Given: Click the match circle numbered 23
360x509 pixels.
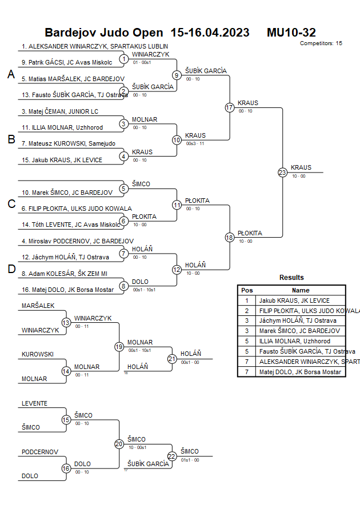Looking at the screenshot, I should [x=282, y=172].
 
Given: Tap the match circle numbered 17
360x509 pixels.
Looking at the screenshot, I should [x=230, y=107].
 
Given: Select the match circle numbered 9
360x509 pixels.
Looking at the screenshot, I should [x=177, y=75].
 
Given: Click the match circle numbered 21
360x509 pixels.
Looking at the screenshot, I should [x=172, y=359].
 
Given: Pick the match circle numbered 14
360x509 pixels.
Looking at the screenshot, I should [x=66, y=371].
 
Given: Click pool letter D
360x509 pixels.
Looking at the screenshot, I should [x=11, y=269].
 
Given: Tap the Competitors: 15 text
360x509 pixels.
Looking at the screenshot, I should [x=321, y=43].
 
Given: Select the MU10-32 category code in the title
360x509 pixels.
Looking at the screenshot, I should [x=291, y=33].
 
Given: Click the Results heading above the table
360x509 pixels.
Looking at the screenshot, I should [x=291, y=278].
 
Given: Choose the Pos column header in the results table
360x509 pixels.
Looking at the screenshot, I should [x=247, y=290].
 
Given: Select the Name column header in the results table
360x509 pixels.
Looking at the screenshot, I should [x=301, y=290].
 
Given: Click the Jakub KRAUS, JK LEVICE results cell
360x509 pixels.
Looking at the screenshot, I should [x=294, y=300].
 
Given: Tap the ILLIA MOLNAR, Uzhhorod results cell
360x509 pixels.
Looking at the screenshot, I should [x=294, y=341].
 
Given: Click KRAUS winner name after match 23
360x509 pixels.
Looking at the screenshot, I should [x=301, y=167].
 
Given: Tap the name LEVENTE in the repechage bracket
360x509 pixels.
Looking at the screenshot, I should [x=34, y=403].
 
